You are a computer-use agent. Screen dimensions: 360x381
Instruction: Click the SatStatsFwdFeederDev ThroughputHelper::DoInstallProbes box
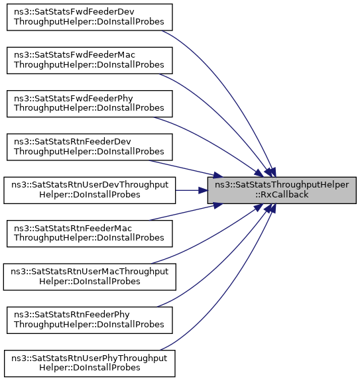90,17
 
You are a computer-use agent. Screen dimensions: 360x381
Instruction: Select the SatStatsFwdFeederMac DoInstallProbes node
90,60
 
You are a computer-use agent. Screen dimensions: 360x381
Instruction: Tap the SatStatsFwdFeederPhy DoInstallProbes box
90,104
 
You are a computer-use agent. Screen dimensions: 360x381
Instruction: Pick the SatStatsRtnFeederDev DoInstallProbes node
90,147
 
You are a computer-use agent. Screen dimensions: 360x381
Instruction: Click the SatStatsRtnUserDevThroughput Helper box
90,190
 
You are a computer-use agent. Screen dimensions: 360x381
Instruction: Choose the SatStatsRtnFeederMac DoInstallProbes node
90,233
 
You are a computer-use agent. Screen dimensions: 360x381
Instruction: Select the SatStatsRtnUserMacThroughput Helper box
90,277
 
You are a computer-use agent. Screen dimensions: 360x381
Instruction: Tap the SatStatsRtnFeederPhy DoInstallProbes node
90,320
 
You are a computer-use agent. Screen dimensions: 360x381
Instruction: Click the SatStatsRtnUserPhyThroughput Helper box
90,364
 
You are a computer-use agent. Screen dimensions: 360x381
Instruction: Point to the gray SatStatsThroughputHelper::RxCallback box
282,190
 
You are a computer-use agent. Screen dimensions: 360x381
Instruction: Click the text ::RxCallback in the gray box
282,195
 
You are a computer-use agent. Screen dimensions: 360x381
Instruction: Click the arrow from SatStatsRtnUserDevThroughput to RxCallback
192,190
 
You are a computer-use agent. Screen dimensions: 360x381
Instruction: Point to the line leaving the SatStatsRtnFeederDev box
186,168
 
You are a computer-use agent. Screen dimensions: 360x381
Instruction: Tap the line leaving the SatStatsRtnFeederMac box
186,212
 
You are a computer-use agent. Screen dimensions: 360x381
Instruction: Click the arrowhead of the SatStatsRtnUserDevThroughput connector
203,190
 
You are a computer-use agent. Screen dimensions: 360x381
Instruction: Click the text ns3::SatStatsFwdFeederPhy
74,99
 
